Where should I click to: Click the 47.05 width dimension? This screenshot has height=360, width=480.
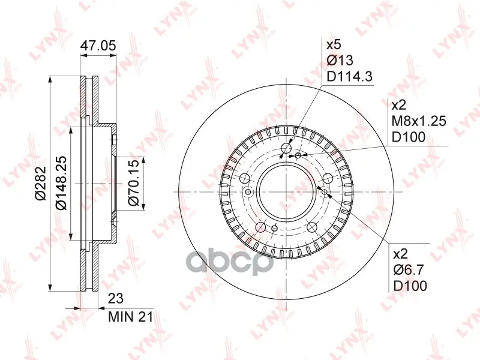[98, 46]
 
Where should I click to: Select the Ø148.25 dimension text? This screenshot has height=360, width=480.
[61, 183]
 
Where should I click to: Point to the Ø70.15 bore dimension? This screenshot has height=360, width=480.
[133, 182]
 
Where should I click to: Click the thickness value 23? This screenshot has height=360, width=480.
[116, 298]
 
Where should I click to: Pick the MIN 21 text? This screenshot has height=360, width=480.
[130, 317]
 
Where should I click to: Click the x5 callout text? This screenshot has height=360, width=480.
[334, 46]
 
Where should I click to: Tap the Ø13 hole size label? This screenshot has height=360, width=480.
[340, 61]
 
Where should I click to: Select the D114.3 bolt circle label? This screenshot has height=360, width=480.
[350, 76]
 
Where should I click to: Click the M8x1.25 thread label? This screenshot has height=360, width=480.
[419, 121]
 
